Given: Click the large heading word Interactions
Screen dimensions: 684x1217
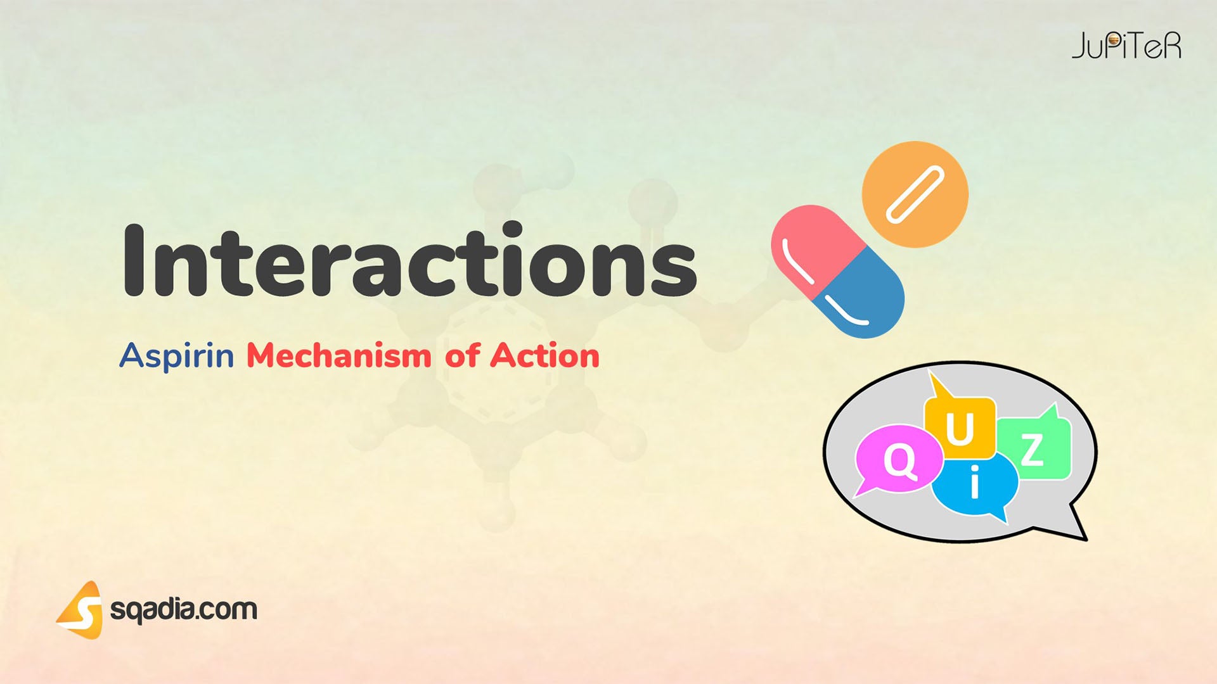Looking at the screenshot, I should point(409,261).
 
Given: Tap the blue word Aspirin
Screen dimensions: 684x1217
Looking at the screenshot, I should point(177,355).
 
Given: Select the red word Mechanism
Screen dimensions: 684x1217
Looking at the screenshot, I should point(338,355).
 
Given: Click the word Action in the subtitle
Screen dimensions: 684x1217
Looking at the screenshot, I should point(544,355).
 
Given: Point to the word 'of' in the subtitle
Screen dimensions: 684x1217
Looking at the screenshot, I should point(461,355).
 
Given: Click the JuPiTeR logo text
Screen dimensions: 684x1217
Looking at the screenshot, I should point(1126,46).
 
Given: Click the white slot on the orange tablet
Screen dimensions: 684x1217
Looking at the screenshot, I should point(915,195).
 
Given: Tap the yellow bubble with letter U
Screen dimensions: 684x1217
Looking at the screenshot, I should point(960,427).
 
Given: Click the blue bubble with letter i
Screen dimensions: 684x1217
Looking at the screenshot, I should point(975,484).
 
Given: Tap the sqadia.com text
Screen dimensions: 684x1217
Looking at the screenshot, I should point(184,610).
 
